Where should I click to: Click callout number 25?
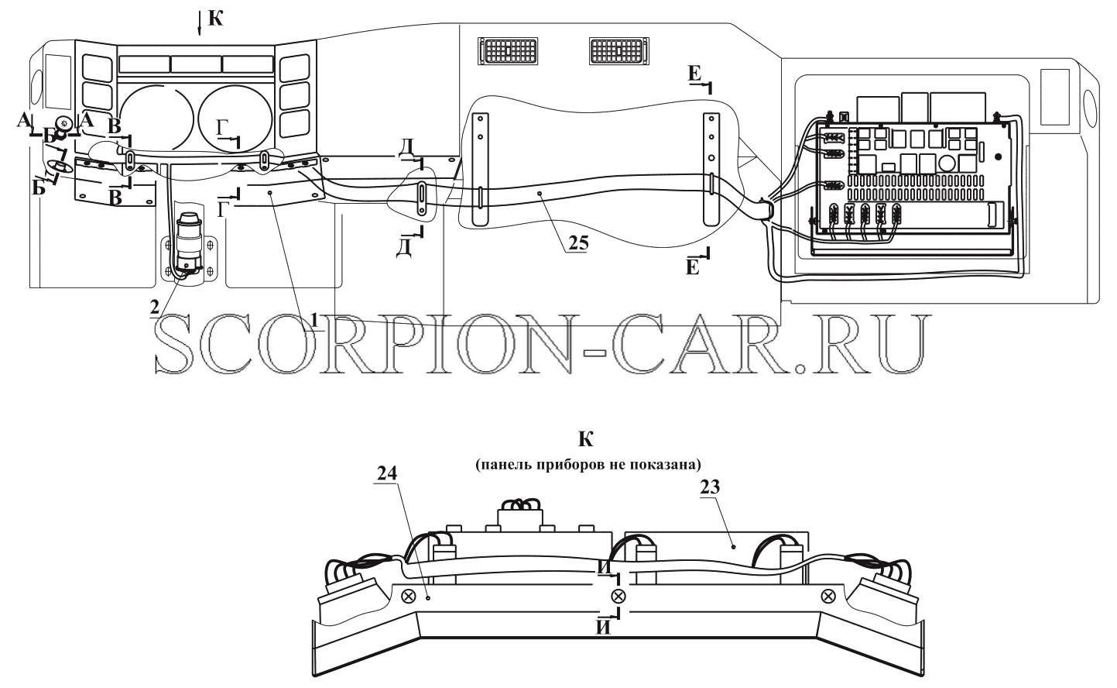point(578,243)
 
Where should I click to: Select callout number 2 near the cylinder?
point(155,307)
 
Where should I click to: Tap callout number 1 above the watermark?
point(314,320)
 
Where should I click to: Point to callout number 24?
point(387,473)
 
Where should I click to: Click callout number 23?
point(710,487)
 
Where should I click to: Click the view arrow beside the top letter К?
point(200,23)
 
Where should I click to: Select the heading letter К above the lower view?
point(586,439)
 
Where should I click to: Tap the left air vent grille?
point(508,50)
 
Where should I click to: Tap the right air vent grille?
point(618,50)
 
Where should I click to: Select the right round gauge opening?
point(235,118)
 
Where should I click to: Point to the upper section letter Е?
point(694,74)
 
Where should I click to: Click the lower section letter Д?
point(403,248)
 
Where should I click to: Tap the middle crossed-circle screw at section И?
point(618,596)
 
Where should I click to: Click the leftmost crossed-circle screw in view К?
point(409,596)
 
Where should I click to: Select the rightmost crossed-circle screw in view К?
point(828,596)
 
